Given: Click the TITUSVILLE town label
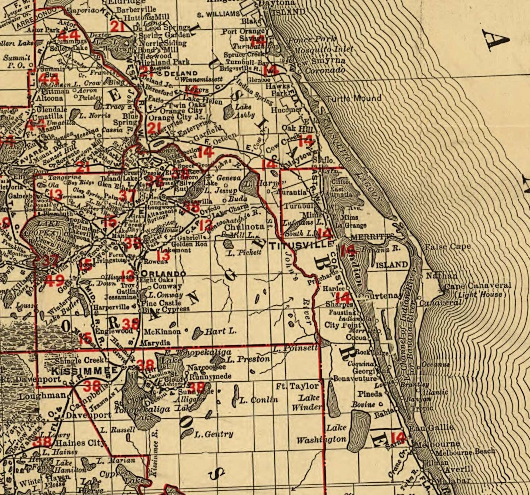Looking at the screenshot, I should click(302, 246).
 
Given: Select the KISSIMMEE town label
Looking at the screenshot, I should click(85, 370).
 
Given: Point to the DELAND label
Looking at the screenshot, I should click(181, 73).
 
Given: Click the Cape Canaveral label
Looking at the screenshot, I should click(478, 286).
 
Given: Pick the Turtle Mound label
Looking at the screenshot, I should click(353, 98).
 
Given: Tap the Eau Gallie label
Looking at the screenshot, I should click(432, 427).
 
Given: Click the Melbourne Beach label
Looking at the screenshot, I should click(465, 452).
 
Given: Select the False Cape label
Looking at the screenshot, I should click(448, 247).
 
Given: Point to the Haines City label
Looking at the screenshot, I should click(80, 443).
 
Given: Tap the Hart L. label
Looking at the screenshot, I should click(220, 331).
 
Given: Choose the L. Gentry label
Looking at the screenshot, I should click(214, 434).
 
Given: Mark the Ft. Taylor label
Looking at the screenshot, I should click(297, 386).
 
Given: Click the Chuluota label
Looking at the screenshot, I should click(245, 227).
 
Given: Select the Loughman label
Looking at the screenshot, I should click(42, 396).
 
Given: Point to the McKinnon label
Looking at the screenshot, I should click(162, 332).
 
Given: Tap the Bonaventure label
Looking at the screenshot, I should click(355, 379).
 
